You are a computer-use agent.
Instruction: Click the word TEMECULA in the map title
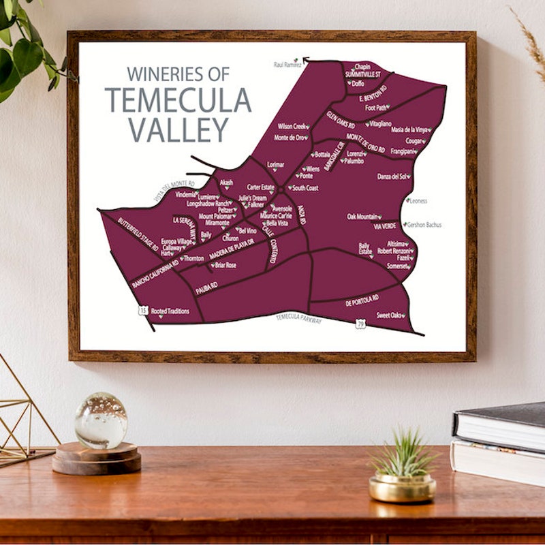coord(178,100)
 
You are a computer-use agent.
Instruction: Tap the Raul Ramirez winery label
coord(286,65)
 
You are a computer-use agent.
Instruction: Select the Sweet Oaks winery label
coord(390,315)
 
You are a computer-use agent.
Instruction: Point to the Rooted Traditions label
coord(170,311)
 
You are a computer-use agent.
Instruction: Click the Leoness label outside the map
coord(418,201)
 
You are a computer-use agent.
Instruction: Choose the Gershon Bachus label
coord(424,224)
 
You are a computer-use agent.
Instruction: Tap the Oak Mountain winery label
coord(363,217)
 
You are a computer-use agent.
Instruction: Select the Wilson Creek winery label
coord(292,126)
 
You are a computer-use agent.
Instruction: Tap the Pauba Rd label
coord(206,287)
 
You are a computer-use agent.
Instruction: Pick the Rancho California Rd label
coord(155,273)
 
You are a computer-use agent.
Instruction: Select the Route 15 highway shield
coord(142,310)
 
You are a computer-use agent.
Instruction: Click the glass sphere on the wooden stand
coord(101,420)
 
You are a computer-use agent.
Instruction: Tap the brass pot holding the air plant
coord(403,487)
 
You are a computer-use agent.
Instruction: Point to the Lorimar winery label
coord(275,165)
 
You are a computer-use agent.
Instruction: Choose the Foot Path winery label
coord(376,108)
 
